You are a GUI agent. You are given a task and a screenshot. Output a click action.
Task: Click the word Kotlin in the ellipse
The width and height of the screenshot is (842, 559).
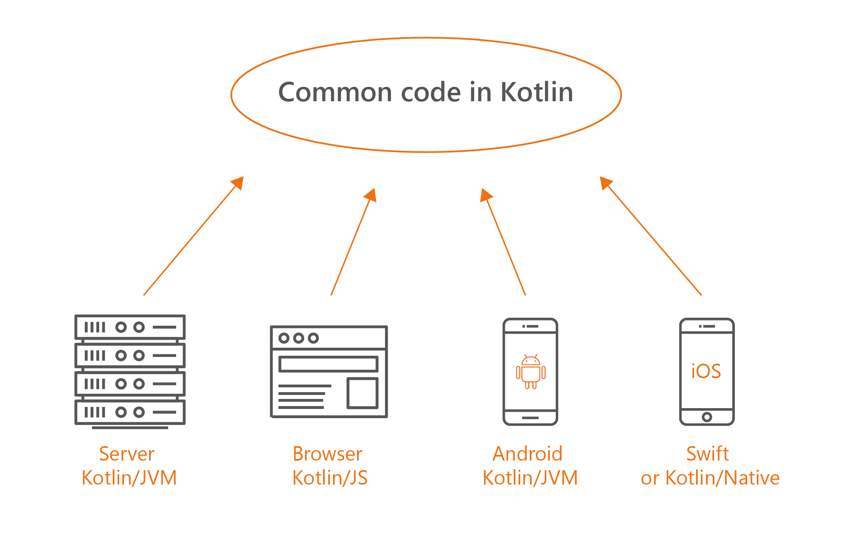[x=537, y=92]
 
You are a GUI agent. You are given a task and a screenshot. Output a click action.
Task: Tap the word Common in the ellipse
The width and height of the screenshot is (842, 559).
[x=335, y=92]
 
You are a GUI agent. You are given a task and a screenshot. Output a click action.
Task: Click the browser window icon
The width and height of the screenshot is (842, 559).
[x=329, y=371]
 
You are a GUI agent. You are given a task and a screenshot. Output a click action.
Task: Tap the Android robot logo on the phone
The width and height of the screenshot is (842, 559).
[x=531, y=372]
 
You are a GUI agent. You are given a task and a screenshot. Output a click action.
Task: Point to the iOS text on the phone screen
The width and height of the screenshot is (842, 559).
[x=706, y=371]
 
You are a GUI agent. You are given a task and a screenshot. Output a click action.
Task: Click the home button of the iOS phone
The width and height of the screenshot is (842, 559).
[x=707, y=417]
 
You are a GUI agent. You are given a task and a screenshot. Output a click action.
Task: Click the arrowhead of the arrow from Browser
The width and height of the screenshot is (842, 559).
[x=371, y=195]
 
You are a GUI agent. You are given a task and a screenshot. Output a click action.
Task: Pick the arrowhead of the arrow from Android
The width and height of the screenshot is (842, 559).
[x=485, y=195]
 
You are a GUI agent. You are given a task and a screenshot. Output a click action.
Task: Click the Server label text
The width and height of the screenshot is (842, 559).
[x=127, y=454]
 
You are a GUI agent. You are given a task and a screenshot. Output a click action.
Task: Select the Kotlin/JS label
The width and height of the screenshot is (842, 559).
[x=330, y=478]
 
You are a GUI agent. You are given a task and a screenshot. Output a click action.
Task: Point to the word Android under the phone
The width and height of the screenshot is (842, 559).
[x=527, y=454]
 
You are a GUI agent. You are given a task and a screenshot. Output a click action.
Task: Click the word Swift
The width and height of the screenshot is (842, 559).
[x=707, y=454]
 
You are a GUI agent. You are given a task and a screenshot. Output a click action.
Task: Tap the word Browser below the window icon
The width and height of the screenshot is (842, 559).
[x=327, y=454]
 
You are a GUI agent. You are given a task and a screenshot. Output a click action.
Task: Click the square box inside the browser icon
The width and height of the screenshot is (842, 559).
[x=362, y=393]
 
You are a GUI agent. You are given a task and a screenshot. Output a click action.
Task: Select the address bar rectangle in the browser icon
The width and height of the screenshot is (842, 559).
[x=328, y=364]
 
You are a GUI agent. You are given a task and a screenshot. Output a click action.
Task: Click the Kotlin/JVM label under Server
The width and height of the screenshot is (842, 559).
[x=129, y=478]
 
